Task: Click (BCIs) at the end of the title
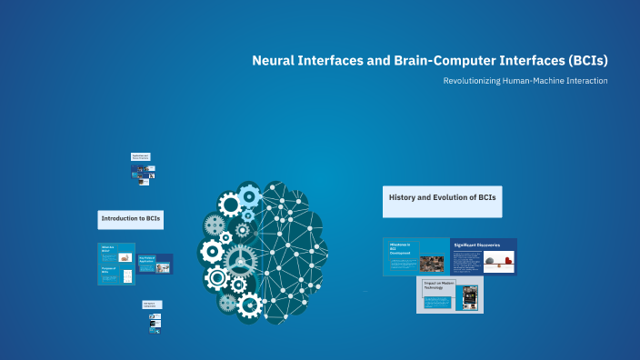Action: [x=585, y=61]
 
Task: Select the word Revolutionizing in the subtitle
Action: [x=475, y=81]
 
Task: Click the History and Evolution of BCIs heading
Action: [x=442, y=197]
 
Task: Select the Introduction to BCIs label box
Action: [x=131, y=219]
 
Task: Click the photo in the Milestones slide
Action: [x=431, y=264]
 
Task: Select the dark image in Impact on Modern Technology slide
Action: [x=470, y=296]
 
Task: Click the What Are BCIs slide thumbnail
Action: [x=115, y=264]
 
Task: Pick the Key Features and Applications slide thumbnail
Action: [x=154, y=264]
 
